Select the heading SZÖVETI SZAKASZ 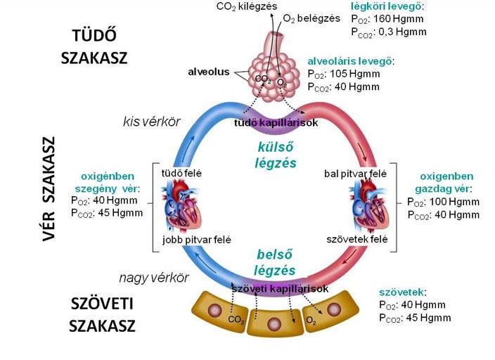pos(103,314)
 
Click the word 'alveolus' pos(208,72)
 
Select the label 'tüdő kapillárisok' pos(275,123)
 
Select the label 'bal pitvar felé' pos(356,173)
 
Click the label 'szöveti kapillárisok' pos(281,289)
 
